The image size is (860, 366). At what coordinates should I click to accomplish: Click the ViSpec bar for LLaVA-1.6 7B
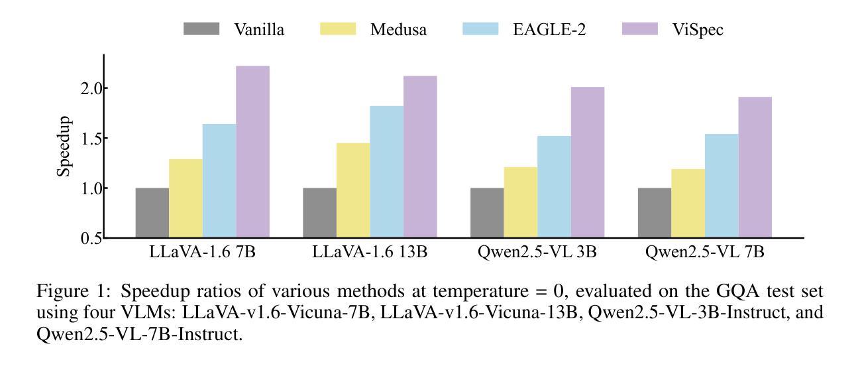(x=252, y=152)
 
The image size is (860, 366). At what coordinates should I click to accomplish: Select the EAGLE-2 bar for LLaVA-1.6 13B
(x=386, y=172)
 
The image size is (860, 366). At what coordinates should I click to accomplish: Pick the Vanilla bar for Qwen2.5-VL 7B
(x=654, y=213)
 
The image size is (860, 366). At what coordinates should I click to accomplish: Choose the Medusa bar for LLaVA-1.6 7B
(x=186, y=198)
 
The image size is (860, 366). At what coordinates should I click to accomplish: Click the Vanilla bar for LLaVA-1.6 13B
(x=319, y=213)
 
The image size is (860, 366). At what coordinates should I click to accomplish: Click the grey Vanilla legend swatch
(x=201, y=29)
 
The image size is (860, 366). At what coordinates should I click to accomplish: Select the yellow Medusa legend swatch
(x=338, y=29)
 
